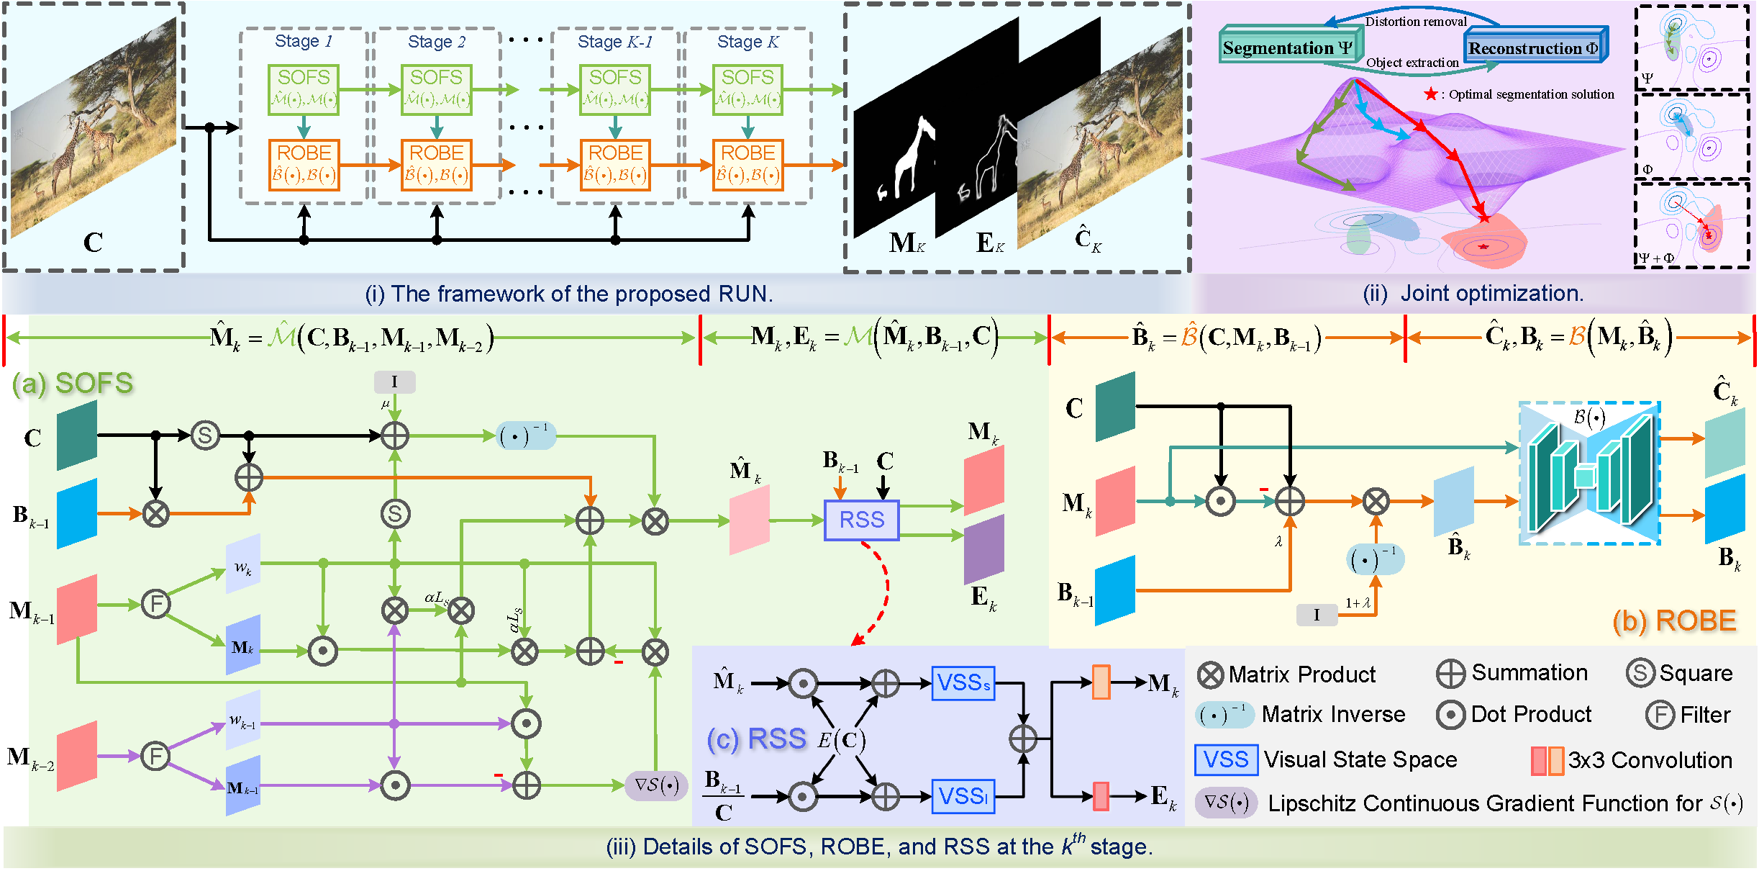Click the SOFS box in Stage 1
coord(304,89)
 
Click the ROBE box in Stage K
coord(747,165)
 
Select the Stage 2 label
coord(436,42)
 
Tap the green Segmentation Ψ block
coord(1286,48)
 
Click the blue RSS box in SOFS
coord(861,520)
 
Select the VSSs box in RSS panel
coord(963,683)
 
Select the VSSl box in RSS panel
coord(963,796)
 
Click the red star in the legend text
coord(1431,94)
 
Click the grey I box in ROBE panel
coord(1316,615)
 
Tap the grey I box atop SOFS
coord(394,382)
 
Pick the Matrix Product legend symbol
coord(1211,674)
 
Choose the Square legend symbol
coord(1640,673)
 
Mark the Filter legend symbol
coord(1660,715)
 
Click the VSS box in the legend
coord(1226,760)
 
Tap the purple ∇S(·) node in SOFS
coord(655,785)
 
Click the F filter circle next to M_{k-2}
coord(155,756)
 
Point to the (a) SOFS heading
coord(73,383)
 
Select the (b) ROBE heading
coord(1674,620)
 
